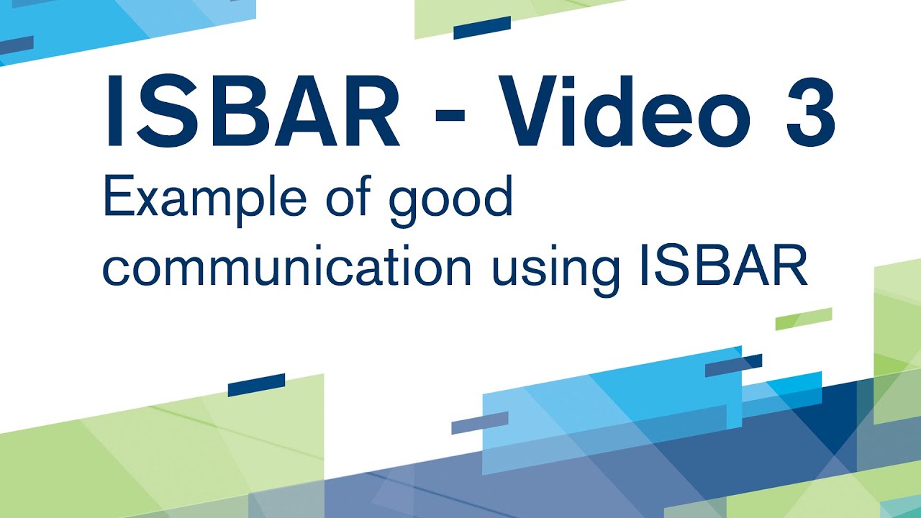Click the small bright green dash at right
tap(803, 319)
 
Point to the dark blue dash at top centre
tap(481, 27)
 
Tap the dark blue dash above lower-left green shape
tap(256, 385)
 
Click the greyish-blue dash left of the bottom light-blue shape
tap(479, 422)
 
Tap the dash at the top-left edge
tap(16, 45)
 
